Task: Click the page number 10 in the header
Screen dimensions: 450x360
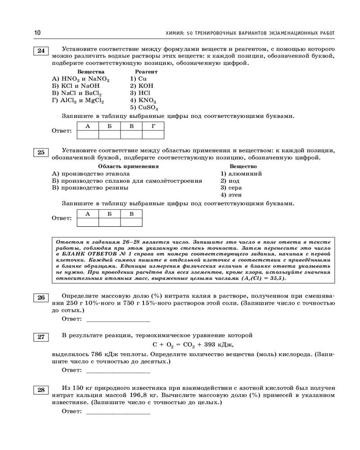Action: [37, 33]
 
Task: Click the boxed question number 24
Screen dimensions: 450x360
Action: [41, 50]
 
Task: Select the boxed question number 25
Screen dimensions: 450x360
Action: [41, 153]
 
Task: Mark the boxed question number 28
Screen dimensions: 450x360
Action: [41, 390]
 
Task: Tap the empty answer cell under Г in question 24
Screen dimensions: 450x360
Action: [153, 134]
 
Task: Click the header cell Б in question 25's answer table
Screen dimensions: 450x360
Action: [109, 214]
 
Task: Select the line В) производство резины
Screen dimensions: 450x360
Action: [90, 188]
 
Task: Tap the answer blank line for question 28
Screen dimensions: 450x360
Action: [117, 412]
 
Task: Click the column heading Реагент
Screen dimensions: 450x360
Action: [146, 72]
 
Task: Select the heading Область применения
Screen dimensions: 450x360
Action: [128, 166]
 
